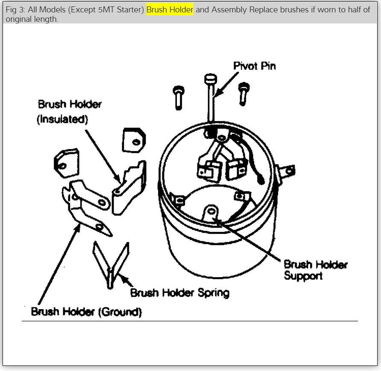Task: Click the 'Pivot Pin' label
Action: coord(254,66)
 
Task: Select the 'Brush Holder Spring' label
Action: coord(179,292)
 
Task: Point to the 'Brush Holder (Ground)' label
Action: coord(86,312)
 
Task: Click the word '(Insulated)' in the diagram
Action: coord(62,119)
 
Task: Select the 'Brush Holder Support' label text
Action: coord(315,270)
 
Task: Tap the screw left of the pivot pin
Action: coord(179,96)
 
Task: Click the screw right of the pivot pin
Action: coord(243,92)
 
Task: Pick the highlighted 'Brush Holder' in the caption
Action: coord(170,10)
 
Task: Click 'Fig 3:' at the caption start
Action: coord(16,10)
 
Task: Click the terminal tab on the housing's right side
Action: coord(287,172)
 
